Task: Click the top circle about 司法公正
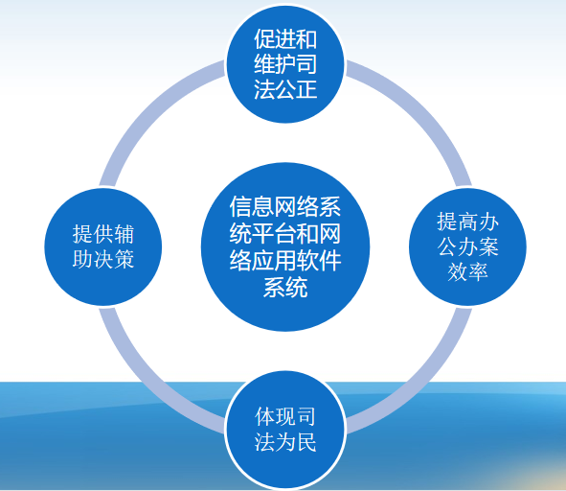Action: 285,63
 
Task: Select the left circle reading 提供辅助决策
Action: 103,246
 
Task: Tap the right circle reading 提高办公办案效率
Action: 467,246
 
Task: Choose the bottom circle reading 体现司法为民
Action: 285,430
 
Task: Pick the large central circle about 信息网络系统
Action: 285,246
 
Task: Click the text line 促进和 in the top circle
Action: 285,38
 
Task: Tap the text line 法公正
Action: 285,89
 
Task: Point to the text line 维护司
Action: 285,64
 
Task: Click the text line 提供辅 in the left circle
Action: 103,234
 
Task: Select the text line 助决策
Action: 103,259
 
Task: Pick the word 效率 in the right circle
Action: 467,271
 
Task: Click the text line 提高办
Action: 467,222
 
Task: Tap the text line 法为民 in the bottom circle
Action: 285,442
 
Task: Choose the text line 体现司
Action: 285,416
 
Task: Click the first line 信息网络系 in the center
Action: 285,207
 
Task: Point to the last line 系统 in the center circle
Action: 285,287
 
